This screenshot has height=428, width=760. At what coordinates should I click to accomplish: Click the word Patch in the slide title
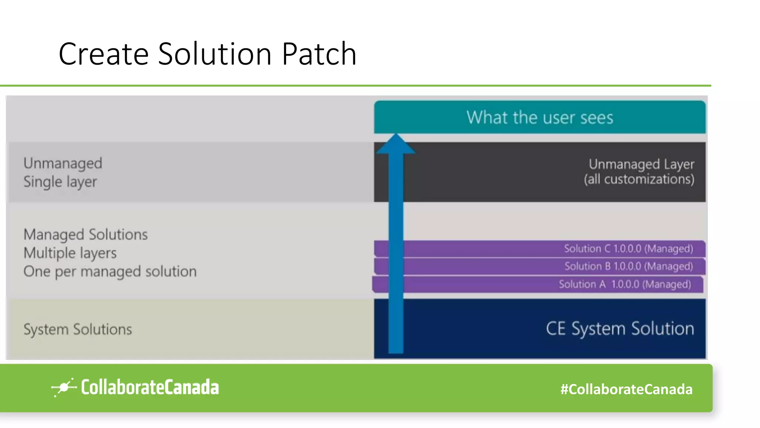coord(319,54)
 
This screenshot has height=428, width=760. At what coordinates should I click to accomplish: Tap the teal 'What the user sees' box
coord(540,117)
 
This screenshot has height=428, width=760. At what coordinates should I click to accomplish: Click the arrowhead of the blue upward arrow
coord(396,144)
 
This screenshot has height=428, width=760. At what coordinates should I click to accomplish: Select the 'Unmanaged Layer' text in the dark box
coord(641,164)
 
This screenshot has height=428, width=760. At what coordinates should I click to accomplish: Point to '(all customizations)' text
coord(639,179)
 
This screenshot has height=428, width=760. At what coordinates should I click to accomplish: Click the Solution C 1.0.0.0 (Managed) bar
coord(628,249)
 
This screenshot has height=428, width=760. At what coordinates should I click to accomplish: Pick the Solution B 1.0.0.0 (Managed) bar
coord(628,266)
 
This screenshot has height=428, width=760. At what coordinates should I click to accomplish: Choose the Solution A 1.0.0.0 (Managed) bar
coord(625,284)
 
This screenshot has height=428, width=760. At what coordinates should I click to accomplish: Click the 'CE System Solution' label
coord(619,329)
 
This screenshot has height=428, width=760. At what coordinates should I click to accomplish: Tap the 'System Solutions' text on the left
coord(78,330)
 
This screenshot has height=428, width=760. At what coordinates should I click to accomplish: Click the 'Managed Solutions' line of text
coord(85,235)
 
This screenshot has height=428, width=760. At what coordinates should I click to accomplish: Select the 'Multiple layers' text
coord(70,253)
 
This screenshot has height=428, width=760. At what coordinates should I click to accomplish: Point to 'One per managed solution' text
coord(110,272)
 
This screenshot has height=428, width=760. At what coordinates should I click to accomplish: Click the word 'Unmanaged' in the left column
coord(63,163)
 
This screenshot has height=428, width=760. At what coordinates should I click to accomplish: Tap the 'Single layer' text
coord(60,182)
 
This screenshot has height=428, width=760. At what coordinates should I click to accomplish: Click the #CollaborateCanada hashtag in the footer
coord(626,389)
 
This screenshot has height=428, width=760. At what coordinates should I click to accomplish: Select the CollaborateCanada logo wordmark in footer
coord(150,388)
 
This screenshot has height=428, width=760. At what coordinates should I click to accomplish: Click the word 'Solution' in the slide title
coord(214,54)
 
